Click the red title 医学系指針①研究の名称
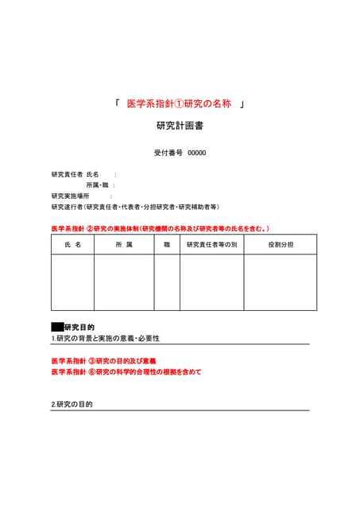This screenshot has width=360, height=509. [179, 104]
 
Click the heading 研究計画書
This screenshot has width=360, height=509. [180, 126]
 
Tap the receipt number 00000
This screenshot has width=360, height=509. [196, 153]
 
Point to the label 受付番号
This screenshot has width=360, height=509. [168, 153]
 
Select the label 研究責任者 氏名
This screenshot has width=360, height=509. [75, 174]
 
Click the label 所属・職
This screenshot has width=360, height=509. [98, 185]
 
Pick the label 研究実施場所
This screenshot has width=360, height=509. [71, 195]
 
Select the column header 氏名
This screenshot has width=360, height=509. [72, 245]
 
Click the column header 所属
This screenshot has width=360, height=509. [123, 245]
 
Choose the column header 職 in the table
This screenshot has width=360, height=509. [167, 245]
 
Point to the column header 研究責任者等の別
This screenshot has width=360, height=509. [211, 245]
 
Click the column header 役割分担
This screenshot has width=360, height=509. [280, 245]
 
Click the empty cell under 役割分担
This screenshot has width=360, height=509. [280, 282]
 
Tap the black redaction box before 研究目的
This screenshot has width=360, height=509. [57, 327]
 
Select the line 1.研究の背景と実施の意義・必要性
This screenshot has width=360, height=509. [106, 339]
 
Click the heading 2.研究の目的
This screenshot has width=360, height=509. [72, 405]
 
